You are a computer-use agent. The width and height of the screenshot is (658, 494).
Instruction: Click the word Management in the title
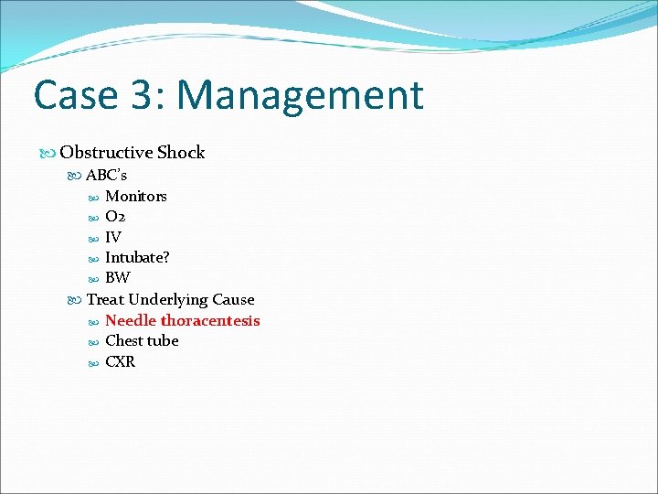(x=301, y=96)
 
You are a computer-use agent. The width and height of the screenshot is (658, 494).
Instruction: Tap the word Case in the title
(x=75, y=96)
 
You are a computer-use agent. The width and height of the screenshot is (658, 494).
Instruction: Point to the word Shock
(x=181, y=153)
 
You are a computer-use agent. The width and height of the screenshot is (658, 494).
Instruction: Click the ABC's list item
(x=106, y=175)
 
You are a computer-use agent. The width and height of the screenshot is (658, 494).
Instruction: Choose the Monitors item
(x=136, y=196)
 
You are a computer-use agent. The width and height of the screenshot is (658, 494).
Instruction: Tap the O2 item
(x=115, y=217)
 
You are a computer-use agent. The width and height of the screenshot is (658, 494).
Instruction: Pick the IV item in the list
(x=113, y=238)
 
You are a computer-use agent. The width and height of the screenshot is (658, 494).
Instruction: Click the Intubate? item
(x=137, y=258)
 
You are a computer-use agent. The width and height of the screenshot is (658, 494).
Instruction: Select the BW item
(x=118, y=278)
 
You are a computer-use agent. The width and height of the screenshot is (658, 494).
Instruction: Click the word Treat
(x=105, y=299)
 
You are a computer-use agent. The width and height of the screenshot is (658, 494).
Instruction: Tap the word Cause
(x=233, y=299)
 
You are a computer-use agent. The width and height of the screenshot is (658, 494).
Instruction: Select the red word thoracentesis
(x=210, y=320)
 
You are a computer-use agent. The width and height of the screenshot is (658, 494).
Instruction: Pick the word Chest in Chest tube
(x=124, y=340)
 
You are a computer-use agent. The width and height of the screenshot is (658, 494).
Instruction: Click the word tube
(x=164, y=340)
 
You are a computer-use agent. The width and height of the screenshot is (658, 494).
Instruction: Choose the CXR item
(x=121, y=361)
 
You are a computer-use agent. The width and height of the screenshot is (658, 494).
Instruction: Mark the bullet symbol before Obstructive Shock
(x=48, y=154)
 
